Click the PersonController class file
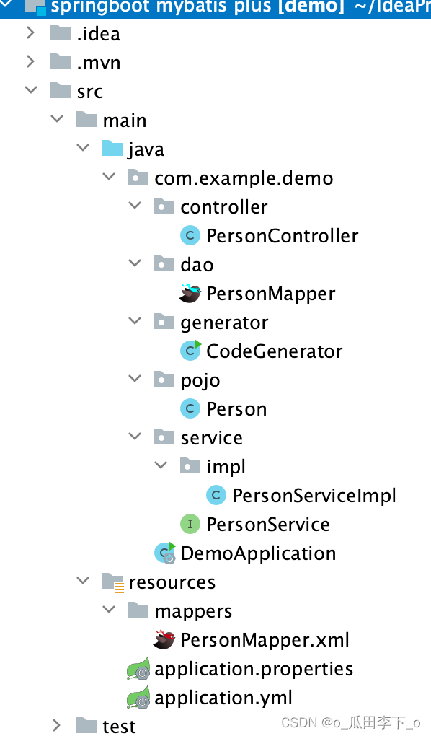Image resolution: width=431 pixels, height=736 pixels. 282,236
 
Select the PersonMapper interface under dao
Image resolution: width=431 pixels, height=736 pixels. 270,294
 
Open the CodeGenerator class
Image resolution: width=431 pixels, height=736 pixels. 274,351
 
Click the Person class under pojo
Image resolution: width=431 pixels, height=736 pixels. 236,409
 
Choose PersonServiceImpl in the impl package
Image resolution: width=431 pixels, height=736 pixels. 314,496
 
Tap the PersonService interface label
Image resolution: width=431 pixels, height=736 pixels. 268,525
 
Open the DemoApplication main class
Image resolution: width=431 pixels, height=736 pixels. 258,553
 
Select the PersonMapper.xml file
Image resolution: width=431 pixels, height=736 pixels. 265,640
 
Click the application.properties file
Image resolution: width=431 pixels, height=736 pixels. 254,669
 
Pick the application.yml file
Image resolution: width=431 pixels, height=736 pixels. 223,698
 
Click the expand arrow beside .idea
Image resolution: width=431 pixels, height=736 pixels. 31,33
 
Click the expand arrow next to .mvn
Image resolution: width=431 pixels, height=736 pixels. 31,62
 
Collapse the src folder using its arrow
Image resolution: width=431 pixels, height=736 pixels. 31,91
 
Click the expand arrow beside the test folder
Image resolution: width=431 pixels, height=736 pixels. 57,725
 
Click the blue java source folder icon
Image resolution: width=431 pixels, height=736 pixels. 112,149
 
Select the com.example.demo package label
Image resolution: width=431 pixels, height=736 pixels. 244,178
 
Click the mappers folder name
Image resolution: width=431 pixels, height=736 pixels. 193,611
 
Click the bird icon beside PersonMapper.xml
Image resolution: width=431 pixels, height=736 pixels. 164,639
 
